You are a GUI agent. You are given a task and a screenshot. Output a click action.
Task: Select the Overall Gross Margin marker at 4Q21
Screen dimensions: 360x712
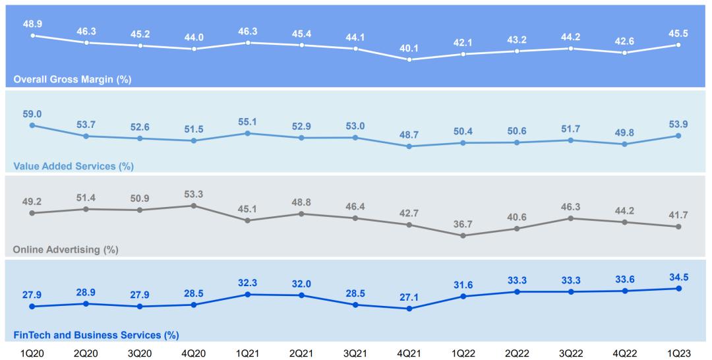pyautogui.click(x=409, y=59)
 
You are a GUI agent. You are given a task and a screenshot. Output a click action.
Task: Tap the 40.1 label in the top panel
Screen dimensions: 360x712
pyautogui.click(x=409, y=47)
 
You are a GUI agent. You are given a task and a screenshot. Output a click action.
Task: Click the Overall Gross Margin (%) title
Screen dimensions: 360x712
pyautogui.click(x=72, y=80)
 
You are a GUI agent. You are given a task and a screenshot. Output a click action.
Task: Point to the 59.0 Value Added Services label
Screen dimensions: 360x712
pyautogui.click(x=32, y=113)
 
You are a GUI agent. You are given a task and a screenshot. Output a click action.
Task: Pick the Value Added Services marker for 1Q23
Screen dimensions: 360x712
pyautogui.click(x=678, y=136)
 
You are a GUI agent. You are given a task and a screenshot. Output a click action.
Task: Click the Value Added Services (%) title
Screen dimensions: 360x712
pyautogui.click(x=73, y=166)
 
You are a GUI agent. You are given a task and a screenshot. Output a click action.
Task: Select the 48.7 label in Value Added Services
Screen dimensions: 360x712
pyautogui.click(x=409, y=135)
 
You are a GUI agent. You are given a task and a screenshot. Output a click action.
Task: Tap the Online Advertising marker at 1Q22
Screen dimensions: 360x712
pyautogui.click(x=463, y=235)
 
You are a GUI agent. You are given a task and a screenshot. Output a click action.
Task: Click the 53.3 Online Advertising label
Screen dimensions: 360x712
pyautogui.click(x=194, y=193)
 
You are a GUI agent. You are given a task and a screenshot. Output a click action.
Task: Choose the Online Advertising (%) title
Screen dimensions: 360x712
pyautogui.click(x=65, y=250)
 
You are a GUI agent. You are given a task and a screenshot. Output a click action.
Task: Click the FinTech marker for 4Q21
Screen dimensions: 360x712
pyautogui.click(x=409, y=309)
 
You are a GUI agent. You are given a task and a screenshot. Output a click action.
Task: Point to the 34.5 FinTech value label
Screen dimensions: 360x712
pyautogui.click(x=678, y=276)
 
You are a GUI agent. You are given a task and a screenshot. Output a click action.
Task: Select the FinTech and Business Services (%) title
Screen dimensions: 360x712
pyautogui.click(x=96, y=335)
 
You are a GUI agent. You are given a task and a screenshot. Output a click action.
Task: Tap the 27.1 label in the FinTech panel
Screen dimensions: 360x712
pyautogui.click(x=409, y=296)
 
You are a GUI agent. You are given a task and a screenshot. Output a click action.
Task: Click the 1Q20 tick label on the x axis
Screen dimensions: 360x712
pyautogui.click(x=32, y=353)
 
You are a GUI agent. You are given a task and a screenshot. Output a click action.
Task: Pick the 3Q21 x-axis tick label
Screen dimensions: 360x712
pyautogui.click(x=355, y=353)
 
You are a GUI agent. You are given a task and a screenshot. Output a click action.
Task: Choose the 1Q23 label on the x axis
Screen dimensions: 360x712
pyautogui.click(x=678, y=353)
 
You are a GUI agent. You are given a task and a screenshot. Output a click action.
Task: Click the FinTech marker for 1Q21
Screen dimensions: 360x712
pyautogui.click(x=248, y=294)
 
